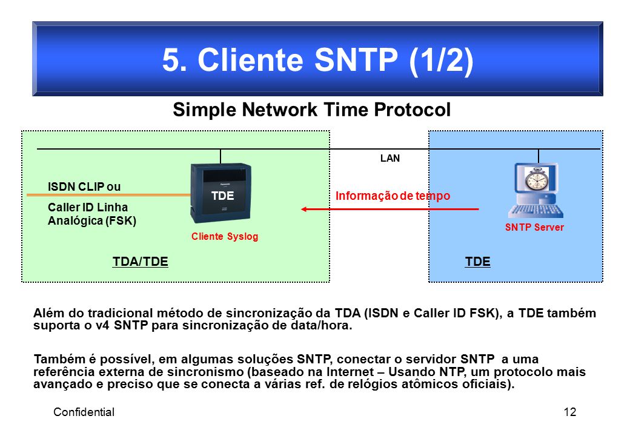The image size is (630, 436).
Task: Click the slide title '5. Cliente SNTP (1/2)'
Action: [x=317, y=60]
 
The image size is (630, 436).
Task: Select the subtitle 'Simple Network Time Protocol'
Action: [x=312, y=110]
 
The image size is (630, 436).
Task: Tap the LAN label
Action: [x=390, y=158]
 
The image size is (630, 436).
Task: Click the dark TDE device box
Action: [x=220, y=193]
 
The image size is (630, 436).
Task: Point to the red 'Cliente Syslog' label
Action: [x=225, y=236]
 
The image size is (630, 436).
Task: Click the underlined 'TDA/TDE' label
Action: [x=140, y=262]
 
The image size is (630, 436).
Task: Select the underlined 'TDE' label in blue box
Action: [x=478, y=262]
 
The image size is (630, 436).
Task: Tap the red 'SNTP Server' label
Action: [x=534, y=227]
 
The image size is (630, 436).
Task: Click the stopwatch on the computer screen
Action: [x=536, y=179]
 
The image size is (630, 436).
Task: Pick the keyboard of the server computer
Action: [x=535, y=211]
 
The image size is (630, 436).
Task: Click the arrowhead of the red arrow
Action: [x=305, y=209]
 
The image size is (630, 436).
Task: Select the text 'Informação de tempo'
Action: [x=393, y=196]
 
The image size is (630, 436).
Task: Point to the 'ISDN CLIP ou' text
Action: [x=84, y=187]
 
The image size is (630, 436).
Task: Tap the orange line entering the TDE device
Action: [x=108, y=195]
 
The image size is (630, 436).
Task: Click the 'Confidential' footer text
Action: [x=84, y=412]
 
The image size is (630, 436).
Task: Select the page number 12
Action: [x=570, y=412]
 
